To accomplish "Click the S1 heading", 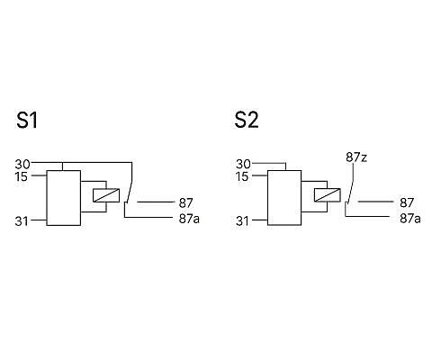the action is click(27, 121).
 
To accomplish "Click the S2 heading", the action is click(247, 120).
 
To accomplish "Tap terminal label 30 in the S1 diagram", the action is click(22, 165).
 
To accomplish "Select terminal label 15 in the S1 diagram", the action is click(22, 176).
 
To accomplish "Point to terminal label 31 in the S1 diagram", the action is click(22, 221).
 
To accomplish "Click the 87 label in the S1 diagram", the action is click(185, 203).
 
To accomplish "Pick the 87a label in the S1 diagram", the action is click(189, 219).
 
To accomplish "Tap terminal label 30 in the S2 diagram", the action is click(243, 164).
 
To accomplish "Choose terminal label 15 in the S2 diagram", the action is click(242, 176).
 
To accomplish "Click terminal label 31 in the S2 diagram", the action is click(242, 221).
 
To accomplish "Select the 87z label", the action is click(356, 157).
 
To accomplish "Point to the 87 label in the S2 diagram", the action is click(407, 202).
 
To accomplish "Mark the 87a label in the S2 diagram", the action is click(409, 219).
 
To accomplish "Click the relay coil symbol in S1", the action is click(106, 195).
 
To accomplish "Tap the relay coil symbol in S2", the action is click(327, 195).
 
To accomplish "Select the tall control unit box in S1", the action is click(64, 198).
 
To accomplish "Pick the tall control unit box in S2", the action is click(284, 198).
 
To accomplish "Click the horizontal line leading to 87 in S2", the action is click(375, 202).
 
